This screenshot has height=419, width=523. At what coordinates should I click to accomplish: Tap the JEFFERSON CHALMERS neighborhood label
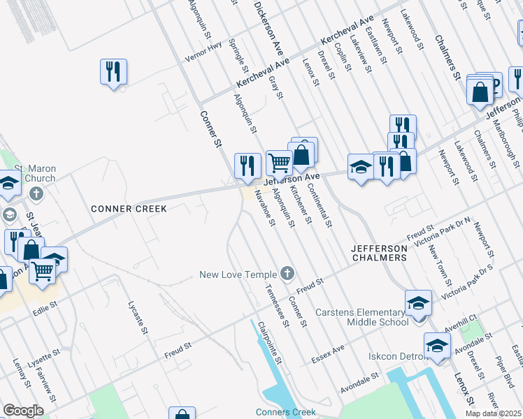point(378,253)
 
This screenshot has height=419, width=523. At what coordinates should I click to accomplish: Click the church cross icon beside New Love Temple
point(287,272)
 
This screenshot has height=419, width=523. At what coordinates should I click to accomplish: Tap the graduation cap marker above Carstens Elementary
point(418,303)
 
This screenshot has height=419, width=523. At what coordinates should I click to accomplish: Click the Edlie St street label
point(43,304)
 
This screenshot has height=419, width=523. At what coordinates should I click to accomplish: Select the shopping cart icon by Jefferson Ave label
point(279,162)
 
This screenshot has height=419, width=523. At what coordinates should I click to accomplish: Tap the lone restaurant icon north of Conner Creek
point(113,72)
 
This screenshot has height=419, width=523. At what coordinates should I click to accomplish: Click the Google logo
point(24,411)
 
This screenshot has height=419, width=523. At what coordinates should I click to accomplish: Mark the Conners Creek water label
point(285,412)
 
